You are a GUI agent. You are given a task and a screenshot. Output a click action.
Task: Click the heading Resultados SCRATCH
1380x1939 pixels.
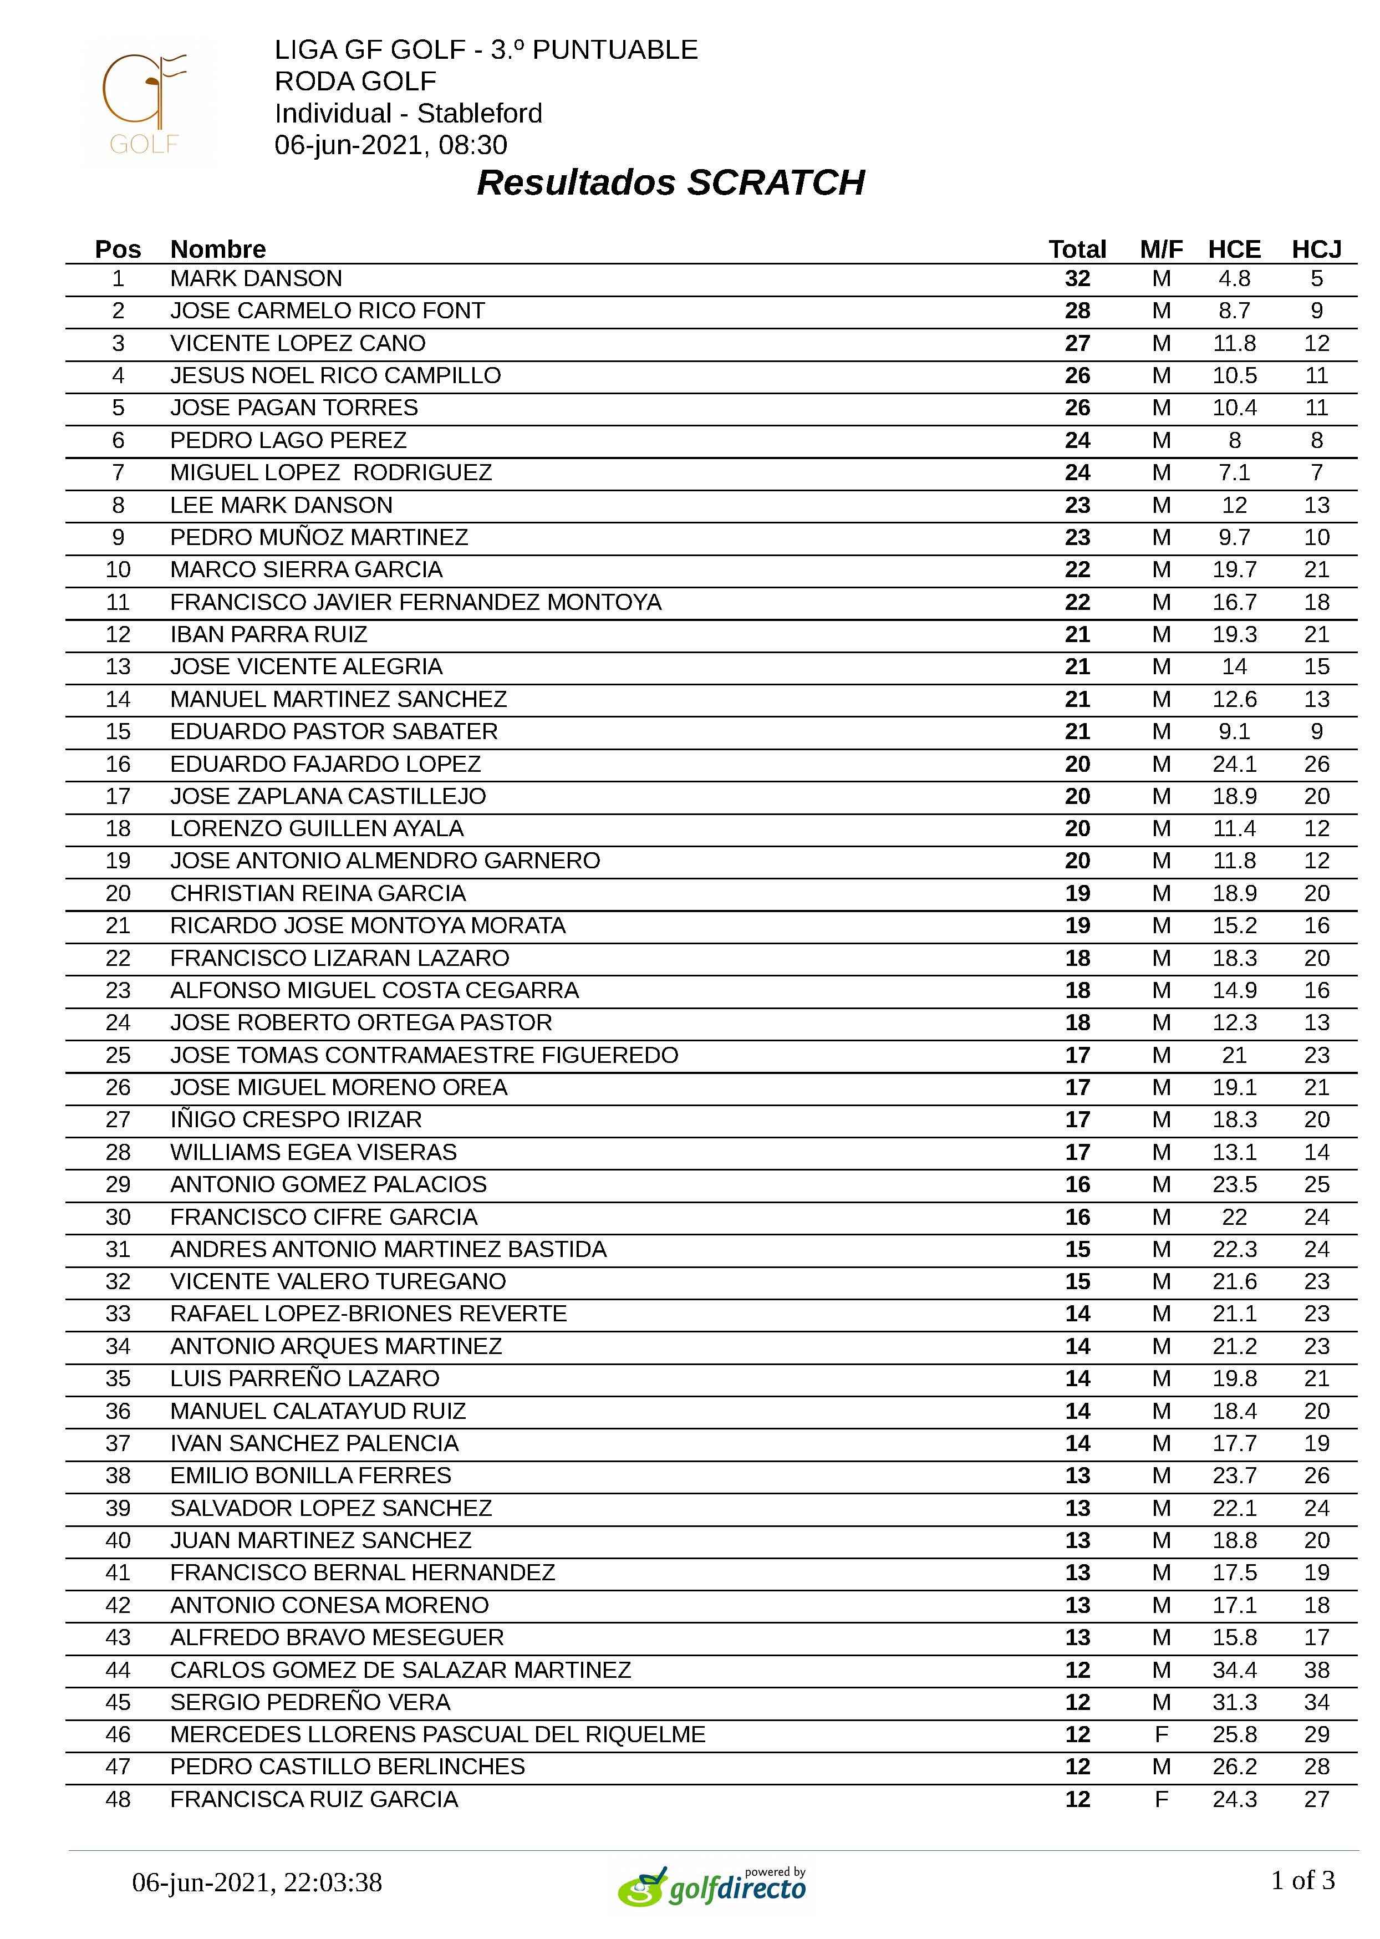(x=670, y=182)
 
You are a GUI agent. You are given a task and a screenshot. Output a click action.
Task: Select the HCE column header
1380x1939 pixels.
(x=1234, y=249)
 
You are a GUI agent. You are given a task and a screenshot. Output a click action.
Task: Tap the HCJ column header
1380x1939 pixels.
(x=1316, y=249)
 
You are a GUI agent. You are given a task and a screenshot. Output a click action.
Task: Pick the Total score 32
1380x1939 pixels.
(x=1077, y=279)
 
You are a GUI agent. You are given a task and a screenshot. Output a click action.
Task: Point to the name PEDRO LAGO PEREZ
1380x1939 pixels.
(x=288, y=440)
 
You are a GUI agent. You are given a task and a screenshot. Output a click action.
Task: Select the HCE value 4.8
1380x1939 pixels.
(x=1234, y=279)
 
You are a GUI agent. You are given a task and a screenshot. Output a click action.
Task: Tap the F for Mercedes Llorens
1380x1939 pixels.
(x=1162, y=1734)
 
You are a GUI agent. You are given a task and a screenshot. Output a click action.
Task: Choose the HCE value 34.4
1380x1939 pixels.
(x=1234, y=1670)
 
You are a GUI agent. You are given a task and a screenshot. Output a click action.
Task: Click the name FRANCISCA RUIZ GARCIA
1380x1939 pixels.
(x=314, y=1799)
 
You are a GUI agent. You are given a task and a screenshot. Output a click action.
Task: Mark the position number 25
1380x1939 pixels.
(x=118, y=1055)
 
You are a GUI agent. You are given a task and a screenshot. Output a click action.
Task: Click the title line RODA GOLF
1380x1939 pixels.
(x=355, y=82)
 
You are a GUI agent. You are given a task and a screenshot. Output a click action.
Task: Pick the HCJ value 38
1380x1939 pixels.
(x=1316, y=1670)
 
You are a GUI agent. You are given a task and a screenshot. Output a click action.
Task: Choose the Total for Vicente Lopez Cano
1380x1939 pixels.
(x=1077, y=343)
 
